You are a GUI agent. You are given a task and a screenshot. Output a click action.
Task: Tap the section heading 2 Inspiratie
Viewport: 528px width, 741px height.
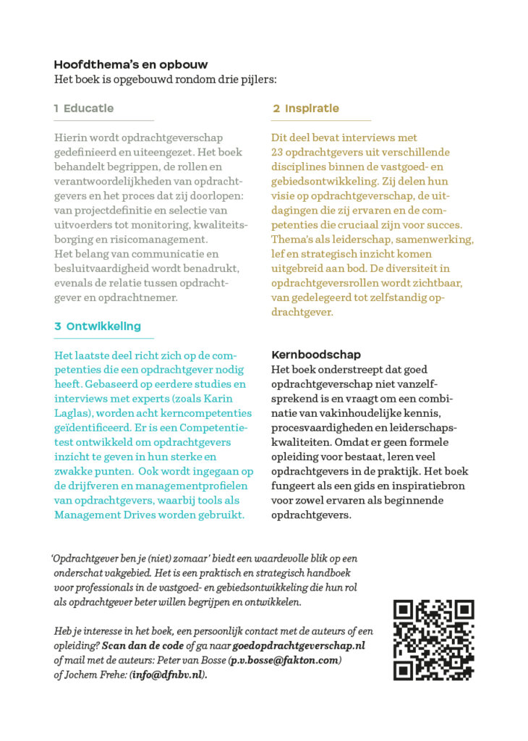pos(306,109)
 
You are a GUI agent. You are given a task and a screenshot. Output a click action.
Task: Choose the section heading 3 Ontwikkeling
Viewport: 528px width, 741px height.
pos(98,326)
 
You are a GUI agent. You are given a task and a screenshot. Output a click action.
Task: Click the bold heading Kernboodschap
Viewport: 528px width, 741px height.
pos(316,355)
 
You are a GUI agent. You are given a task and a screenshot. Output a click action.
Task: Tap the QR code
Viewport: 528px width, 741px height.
pos(433,640)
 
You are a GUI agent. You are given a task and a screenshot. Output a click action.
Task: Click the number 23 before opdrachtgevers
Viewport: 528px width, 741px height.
pos(279,152)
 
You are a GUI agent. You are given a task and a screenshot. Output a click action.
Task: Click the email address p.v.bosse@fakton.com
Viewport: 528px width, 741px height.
pos(285,661)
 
